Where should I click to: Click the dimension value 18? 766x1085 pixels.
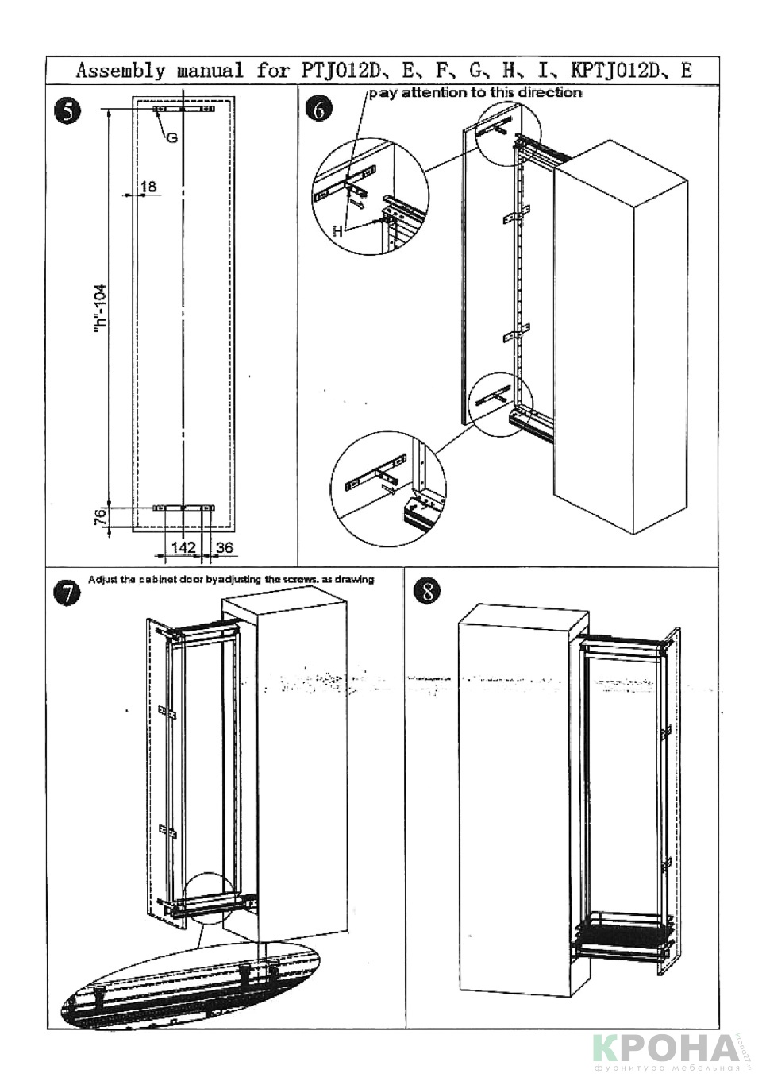pos(148,187)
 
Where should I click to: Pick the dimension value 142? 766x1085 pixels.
pos(183,547)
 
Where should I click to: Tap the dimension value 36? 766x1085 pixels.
pos(224,547)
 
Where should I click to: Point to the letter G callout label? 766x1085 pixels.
pos(171,138)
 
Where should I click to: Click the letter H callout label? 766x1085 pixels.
pos(337,231)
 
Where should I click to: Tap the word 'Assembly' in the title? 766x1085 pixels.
pos(121,71)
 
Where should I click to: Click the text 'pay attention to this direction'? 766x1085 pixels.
pos(474,92)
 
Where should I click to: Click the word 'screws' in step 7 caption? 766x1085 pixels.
pos(301,579)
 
